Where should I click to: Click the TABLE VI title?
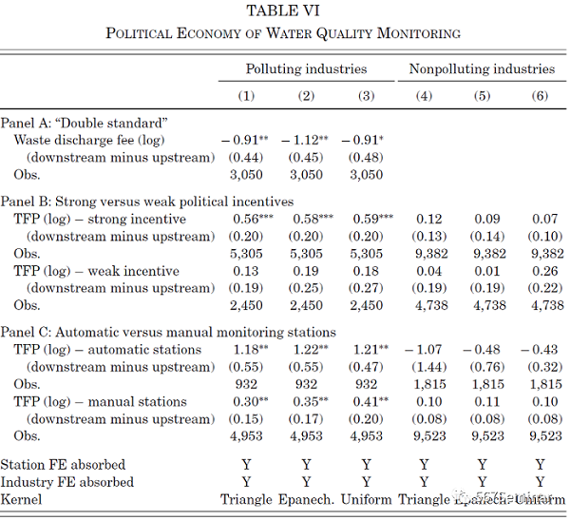283,10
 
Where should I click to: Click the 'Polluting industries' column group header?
306,68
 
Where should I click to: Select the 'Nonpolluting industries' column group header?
482,68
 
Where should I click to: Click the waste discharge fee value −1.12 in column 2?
307,140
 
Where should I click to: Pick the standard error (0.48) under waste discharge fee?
366,157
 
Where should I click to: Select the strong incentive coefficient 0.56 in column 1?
245,219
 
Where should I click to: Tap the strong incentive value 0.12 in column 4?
423,219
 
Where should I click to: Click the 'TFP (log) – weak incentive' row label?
100,271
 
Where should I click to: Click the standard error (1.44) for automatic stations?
423,367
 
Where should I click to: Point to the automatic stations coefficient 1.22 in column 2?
306,350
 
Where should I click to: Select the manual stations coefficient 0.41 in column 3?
366,401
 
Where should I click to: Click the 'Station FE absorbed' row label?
63,465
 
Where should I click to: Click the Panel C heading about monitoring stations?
168,333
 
